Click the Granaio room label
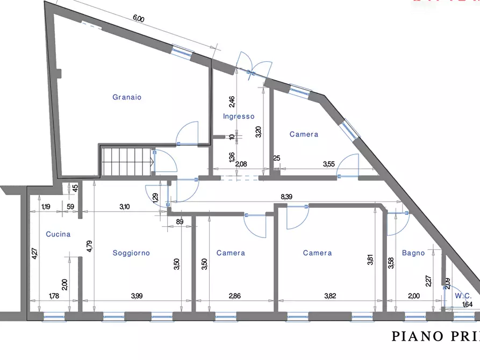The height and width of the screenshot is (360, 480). (x=127, y=97)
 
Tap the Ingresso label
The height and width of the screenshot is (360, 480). (x=239, y=117)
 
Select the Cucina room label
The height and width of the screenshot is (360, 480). (x=58, y=234)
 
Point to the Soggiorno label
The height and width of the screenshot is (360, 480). (x=131, y=253)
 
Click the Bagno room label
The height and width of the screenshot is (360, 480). (x=413, y=253)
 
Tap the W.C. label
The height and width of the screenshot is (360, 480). (x=463, y=295)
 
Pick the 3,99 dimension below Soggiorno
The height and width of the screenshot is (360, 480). (x=138, y=296)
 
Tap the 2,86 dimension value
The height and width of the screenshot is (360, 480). (x=235, y=296)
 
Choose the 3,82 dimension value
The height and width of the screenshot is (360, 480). (x=329, y=296)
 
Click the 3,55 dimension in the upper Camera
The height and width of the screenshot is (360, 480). (x=328, y=164)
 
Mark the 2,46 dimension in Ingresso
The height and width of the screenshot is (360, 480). (x=232, y=101)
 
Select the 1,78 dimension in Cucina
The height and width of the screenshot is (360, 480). (x=54, y=296)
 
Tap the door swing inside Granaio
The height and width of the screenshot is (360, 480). (x=188, y=134)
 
